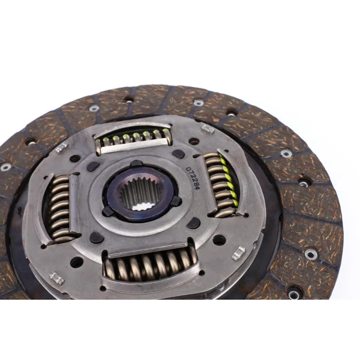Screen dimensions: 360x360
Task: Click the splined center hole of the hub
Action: (140, 193)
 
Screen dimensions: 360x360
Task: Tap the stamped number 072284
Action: (193, 178)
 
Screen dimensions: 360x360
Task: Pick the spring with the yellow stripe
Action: (222, 184)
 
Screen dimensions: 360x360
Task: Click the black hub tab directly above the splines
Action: (136, 164)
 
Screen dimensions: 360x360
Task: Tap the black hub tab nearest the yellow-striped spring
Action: (176, 201)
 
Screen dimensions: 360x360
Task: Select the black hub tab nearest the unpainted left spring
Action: (108, 211)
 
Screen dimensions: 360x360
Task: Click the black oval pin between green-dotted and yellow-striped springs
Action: (178, 154)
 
